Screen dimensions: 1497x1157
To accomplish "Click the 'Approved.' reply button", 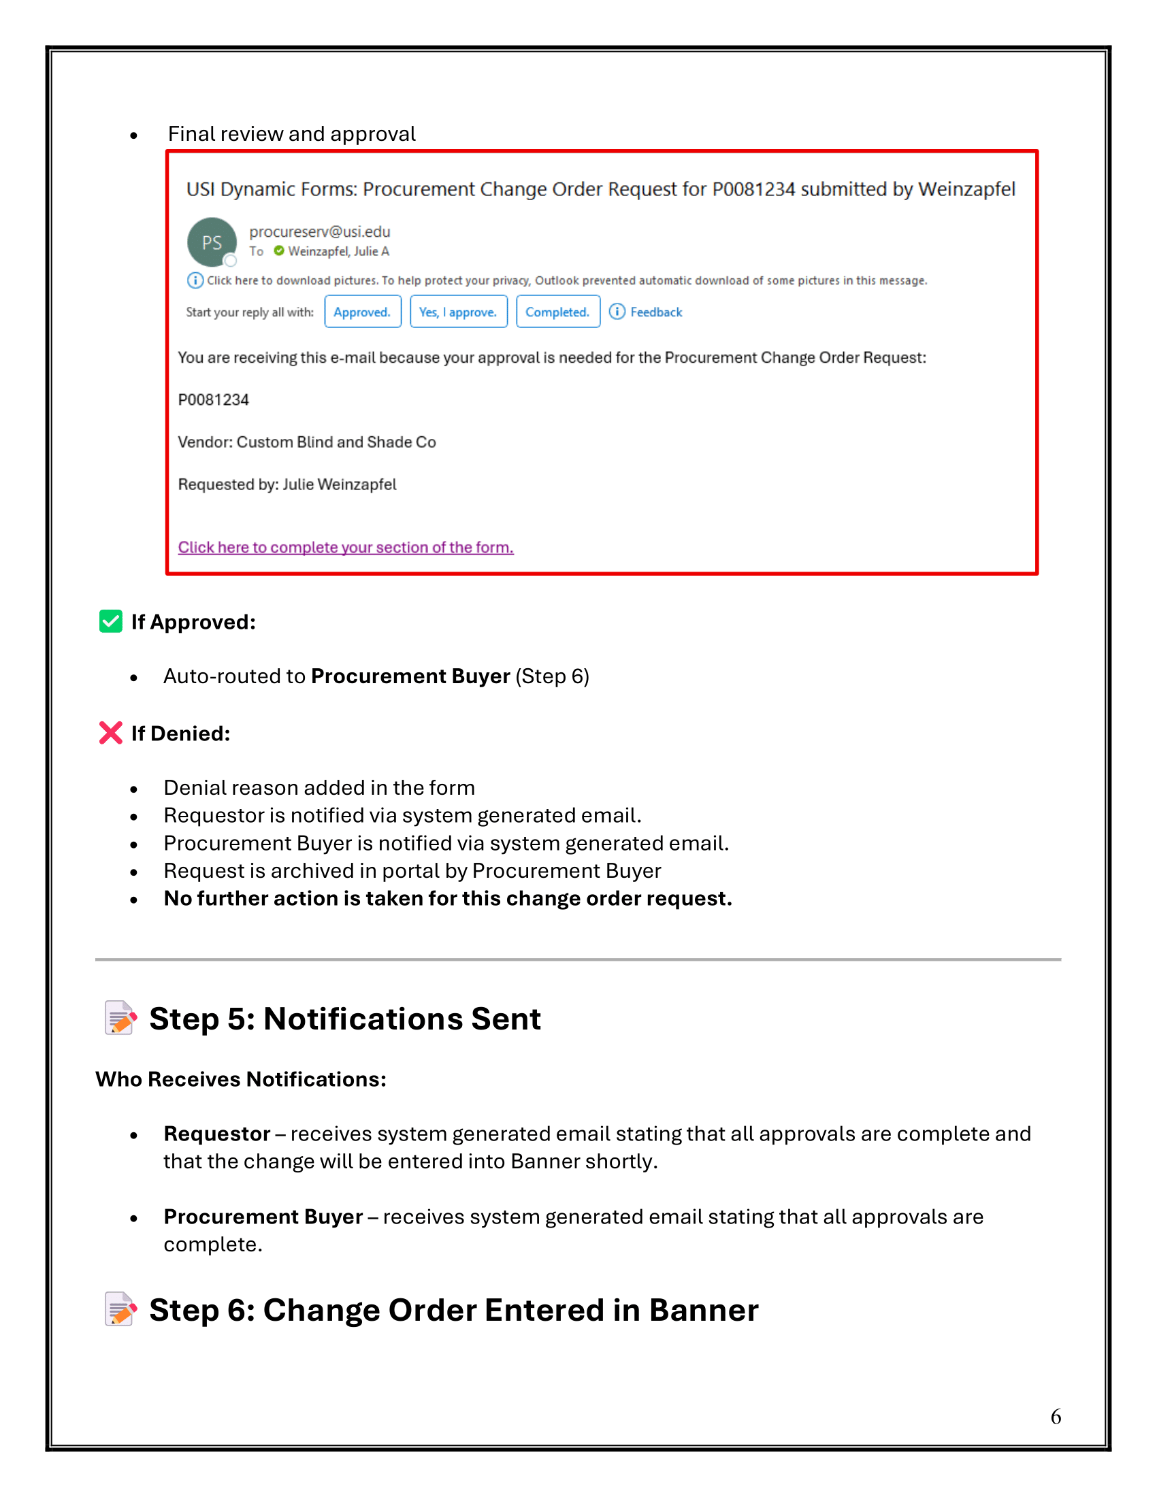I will coord(362,312).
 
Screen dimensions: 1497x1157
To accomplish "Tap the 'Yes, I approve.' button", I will coord(458,312).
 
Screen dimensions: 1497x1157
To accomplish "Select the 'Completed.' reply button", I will coord(557,312).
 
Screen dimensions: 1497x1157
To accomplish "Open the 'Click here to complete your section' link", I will coord(346,548).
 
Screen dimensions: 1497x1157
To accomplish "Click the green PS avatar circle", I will coord(212,242).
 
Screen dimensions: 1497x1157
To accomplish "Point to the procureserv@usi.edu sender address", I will coord(319,231).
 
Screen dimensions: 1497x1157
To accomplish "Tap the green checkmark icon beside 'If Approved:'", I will coord(111,621).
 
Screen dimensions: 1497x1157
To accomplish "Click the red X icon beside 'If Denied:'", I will coord(111,733).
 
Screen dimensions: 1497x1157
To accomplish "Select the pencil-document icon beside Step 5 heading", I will coord(120,1019).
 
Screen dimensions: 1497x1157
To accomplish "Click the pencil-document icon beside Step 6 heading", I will coord(120,1310).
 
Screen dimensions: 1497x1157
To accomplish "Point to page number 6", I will coord(1056,1417).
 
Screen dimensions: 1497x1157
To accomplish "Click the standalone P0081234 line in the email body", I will coord(213,400).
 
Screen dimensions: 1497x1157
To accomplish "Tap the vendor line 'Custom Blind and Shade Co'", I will coord(307,443).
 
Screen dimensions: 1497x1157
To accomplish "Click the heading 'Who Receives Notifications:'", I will coord(240,1080).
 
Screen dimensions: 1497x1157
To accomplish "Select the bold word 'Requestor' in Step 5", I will coord(216,1134).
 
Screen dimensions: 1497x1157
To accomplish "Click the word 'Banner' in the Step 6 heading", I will coord(703,1311).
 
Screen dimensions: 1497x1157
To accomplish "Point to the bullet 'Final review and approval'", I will coord(291,134).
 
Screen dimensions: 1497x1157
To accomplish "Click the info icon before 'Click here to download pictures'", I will coord(195,280).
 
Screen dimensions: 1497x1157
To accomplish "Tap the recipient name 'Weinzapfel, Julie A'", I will coord(338,252).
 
